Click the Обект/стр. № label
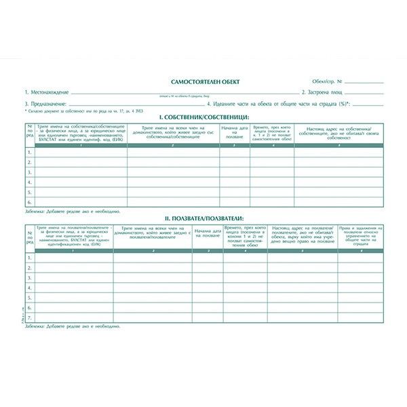(x=327, y=81)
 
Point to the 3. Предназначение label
(x=46, y=102)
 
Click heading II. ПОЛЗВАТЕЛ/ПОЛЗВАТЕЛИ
(x=203, y=218)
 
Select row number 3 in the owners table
(x=29, y=172)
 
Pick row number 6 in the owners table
(x=29, y=201)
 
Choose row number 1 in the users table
(x=29, y=258)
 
